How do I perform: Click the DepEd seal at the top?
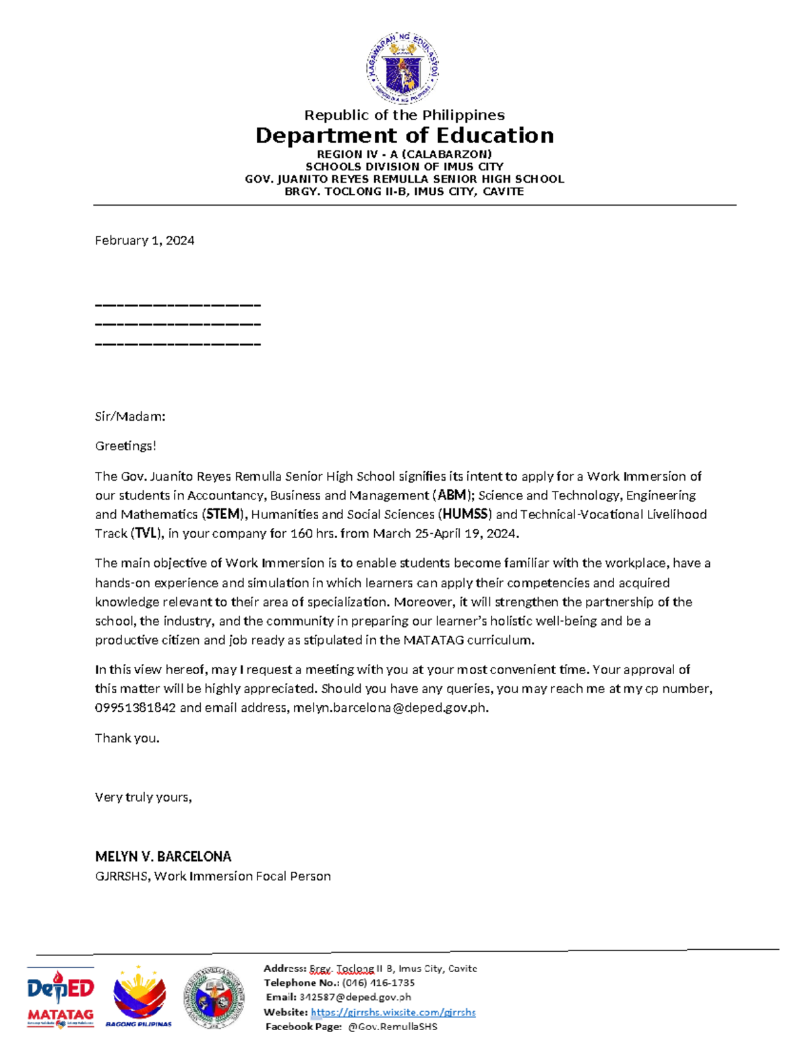(x=403, y=68)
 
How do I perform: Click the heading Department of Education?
(x=404, y=136)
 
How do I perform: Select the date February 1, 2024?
(x=144, y=241)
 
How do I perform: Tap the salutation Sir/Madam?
(x=130, y=417)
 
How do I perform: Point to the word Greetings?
(x=125, y=446)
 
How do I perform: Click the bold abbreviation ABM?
(x=452, y=496)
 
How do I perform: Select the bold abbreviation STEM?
(x=223, y=514)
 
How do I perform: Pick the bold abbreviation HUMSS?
(x=465, y=514)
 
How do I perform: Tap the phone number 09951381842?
(x=136, y=708)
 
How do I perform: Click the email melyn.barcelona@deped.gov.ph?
(x=389, y=708)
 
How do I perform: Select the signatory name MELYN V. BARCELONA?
(x=163, y=857)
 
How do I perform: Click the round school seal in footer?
(x=214, y=998)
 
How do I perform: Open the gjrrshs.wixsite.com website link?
(x=393, y=1012)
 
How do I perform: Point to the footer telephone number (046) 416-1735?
(x=378, y=983)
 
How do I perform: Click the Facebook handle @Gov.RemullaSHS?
(x=392, y=1027)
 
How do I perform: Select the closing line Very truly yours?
(x=144, y=798)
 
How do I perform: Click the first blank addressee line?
(x=177, y=305)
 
